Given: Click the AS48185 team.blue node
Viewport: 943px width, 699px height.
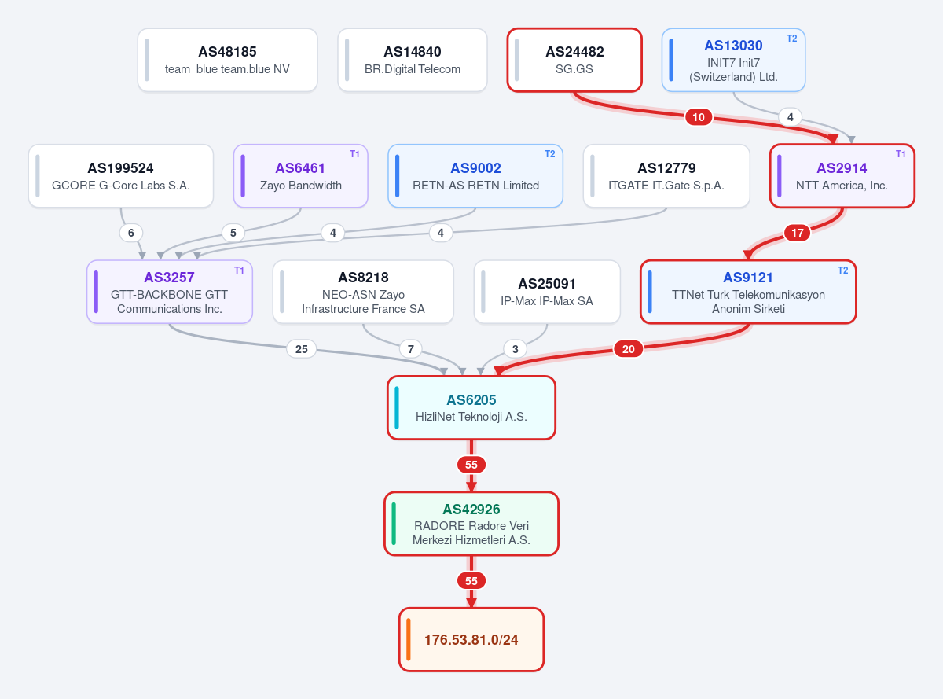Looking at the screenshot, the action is tap(227, 60).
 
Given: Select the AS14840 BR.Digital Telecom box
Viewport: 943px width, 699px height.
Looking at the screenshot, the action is tap(413, 60).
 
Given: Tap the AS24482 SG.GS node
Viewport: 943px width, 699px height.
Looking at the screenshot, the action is tap(574, 60).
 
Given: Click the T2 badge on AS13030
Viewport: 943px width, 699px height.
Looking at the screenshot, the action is tap(791, 39).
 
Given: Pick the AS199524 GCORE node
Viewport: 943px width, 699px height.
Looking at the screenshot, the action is tap(121, 176).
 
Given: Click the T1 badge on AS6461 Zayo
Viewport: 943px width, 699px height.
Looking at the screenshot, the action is tap(354, 154).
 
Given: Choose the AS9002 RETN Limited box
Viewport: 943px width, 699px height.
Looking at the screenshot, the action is tap(475, 176).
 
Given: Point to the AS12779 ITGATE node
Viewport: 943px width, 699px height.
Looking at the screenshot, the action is tap(666, 176).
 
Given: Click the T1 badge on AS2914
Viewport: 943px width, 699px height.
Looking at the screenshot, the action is tap(901, 154).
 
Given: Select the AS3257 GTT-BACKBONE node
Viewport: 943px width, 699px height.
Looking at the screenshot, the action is tap(170, 292).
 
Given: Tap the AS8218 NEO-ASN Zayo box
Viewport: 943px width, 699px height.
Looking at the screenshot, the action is tap(363, 292).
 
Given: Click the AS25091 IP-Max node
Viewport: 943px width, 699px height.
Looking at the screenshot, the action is tap(547, 292).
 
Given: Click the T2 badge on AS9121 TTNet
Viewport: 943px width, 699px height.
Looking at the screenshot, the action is tap(842, 270).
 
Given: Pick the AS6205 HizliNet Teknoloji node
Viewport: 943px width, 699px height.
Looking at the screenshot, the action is tap(471, 407).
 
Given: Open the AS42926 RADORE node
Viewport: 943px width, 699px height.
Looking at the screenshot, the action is tap(471, 524).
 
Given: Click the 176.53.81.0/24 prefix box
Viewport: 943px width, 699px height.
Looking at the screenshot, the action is tap(471, 639).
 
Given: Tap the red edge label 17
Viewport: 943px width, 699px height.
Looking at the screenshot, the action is tap(797, 233).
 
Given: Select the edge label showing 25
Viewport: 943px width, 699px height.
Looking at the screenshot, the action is tap(302, 349).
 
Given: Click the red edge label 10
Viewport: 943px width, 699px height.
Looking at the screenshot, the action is tap(699, 117).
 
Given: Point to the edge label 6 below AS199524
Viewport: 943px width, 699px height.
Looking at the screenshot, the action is tap(131, 233).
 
